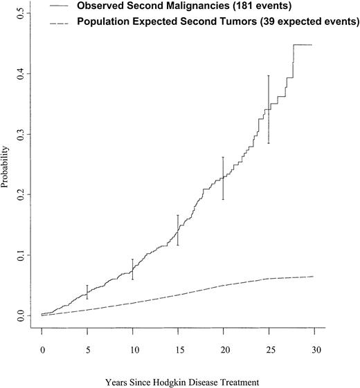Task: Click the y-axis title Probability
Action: tap(6, 166)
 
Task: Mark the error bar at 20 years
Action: tap(223, 178)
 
